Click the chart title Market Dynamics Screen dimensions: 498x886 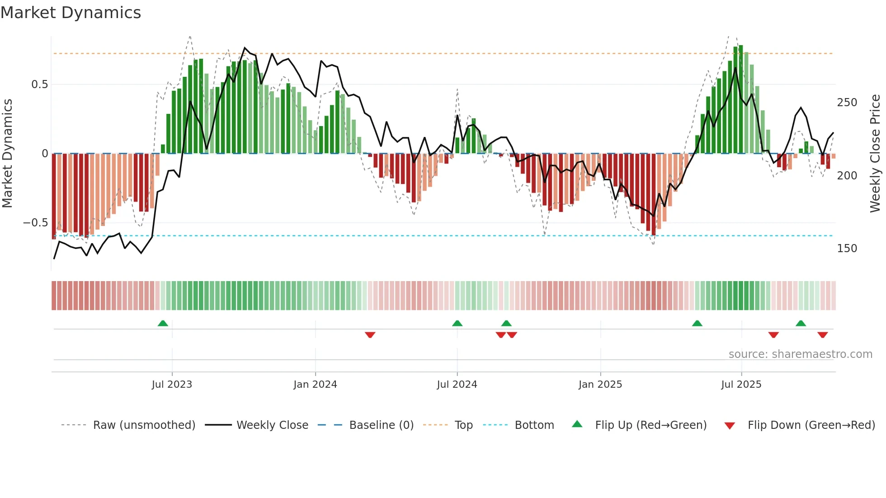click(71, 13)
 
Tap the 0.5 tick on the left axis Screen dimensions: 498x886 click(39, 85)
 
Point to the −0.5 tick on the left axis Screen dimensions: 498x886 click(35, 223)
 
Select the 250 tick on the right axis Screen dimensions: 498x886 click(847, 103)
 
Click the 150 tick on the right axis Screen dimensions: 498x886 click(847, 249)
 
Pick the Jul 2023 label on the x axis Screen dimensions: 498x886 click(172, 385)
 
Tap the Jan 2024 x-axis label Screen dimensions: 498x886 click(315, 385)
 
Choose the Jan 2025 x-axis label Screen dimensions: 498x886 click(600, 385)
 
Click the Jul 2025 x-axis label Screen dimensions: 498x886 click(741, 385)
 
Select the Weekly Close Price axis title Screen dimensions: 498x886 click(875, 154)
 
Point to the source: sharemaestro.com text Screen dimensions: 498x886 click(800, 354)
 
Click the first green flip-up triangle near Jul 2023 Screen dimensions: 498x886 click(163, 323)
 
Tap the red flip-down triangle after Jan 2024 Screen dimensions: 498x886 click(370, 335)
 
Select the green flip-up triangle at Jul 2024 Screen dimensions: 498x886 click(457, 323)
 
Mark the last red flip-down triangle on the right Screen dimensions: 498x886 click(822, 335)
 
